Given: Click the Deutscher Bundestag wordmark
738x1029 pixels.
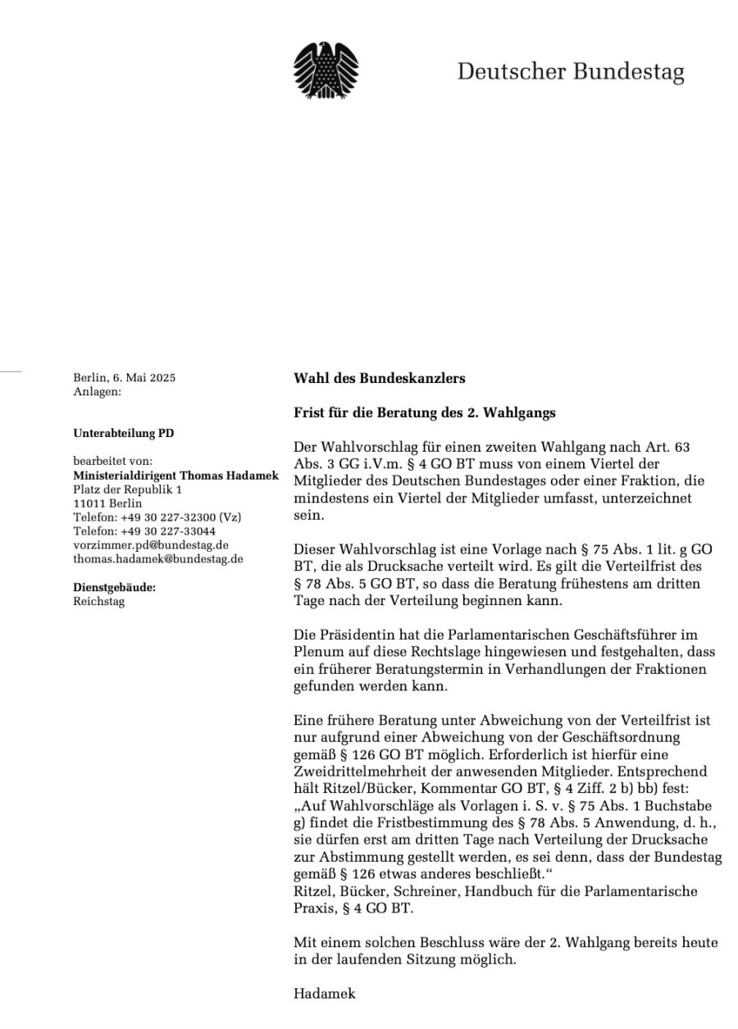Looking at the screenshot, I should coord(571,73).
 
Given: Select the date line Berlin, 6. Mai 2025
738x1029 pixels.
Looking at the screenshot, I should coord(124,378).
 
